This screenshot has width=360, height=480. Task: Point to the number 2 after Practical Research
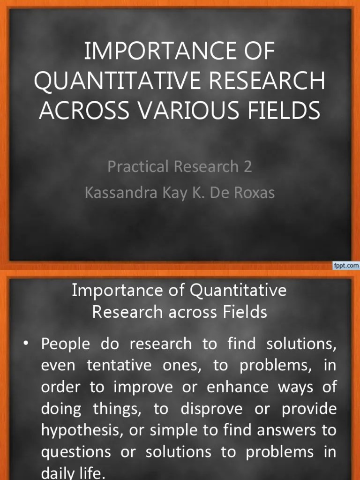point(247,167)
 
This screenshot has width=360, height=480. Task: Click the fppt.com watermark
point(346,266)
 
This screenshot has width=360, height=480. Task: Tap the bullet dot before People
point(27,344)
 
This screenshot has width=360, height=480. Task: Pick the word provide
point(309,409)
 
